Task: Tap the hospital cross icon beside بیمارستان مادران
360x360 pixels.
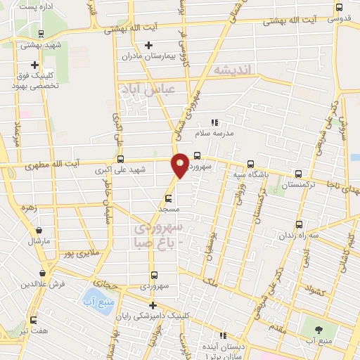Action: (148, 46)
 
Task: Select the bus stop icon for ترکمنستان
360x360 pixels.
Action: (300, 175)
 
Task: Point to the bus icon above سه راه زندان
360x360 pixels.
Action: (300, 225)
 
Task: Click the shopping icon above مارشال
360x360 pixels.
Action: (39, 230)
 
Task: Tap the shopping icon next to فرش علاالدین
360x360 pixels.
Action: (43, 273)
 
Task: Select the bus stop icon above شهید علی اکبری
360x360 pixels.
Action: (121, 159)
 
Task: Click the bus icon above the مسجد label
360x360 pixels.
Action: (168, 198)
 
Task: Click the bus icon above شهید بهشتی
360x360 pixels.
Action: (41, 33)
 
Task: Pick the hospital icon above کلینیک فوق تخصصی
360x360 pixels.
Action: (34, 65)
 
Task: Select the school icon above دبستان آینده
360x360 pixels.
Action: (224, 335)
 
